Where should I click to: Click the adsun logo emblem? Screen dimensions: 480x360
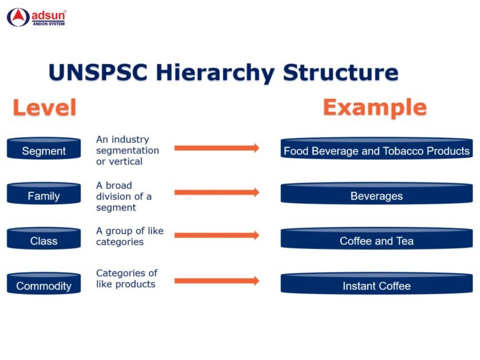[18, 17]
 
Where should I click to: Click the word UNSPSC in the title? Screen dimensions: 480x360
[98, 72]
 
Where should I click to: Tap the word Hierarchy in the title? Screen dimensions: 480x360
[215, 73]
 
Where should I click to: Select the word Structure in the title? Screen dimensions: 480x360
[340, 72]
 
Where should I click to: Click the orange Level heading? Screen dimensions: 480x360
[45, 108]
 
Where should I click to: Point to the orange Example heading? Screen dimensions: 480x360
[375, 108]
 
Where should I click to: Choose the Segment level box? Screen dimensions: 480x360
[44, 148]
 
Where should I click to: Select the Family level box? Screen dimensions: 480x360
[44, 193]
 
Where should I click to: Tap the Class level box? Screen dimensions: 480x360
[44, 238]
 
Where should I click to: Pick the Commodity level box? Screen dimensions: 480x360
[44, 283]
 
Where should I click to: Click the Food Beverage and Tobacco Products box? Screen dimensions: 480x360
[377, 148]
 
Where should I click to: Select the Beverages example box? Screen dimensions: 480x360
[377, 193]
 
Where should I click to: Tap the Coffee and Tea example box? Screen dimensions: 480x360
[377, 238]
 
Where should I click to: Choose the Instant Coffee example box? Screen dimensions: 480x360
[377, 283]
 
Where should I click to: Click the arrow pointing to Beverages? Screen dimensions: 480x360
[217, 192]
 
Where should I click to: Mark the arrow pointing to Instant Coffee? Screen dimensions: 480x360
[217, 281]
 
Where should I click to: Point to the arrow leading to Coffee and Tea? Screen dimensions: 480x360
[217, 235]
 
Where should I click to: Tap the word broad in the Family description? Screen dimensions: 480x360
[119, 185]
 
